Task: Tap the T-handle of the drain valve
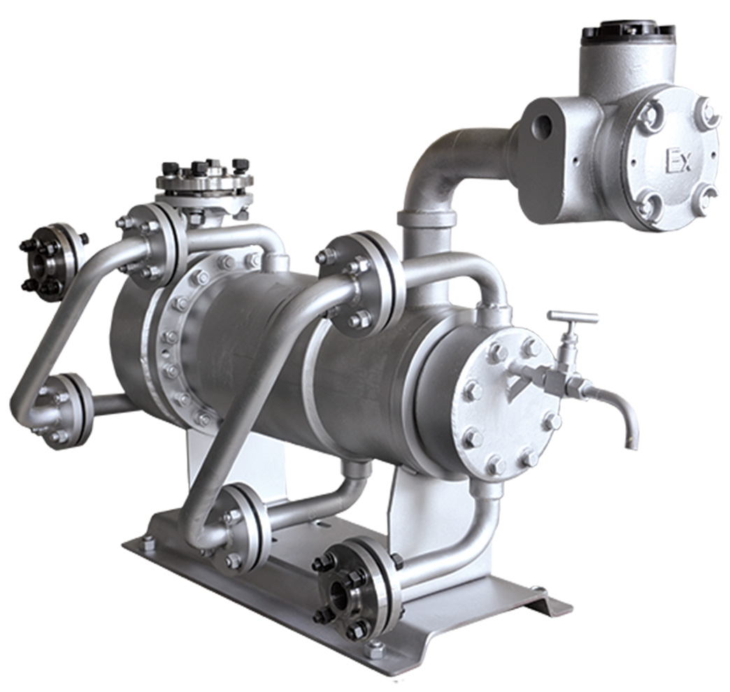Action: click(x=573, y=317)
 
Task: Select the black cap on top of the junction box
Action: click(x=628, y=31)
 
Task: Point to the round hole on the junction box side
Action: click(x=543, y=127)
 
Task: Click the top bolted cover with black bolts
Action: click(x=203, y=180)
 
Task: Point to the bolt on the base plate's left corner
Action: click(x=148, y=540)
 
